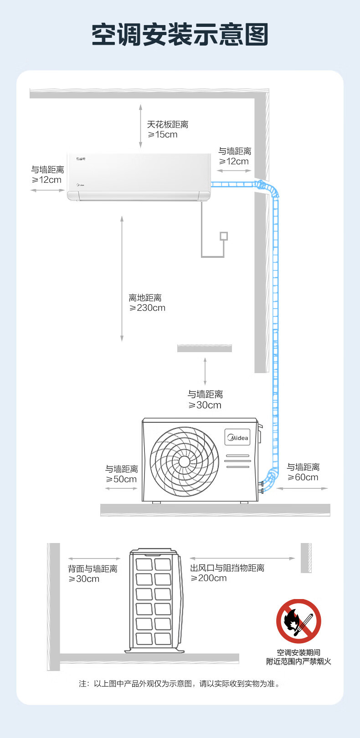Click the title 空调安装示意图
[x=180, y=35]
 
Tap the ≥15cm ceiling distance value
[x=163, y=135]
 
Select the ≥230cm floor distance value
[x=147, y=308]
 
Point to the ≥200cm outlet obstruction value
[x=209, y=578]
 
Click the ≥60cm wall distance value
[x=303, y=477]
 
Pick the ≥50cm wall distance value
[x=121, y=479]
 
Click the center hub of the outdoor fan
[x=184, y=461]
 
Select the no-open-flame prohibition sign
[x=298, y=621]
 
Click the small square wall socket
[x=223, y=236]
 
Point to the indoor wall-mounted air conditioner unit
[x=139, y=177]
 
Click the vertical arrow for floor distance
[x=122, y=278]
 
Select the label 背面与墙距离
[x=93, y=569]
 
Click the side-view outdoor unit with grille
[x=154, y=600]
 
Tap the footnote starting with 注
[x=180, y=683]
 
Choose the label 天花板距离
[x=167, y=124]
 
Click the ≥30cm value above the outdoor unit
[x=205, y=405]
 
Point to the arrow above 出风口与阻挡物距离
[x=242, y=559]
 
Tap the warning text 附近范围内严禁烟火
[x=298, y=661]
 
